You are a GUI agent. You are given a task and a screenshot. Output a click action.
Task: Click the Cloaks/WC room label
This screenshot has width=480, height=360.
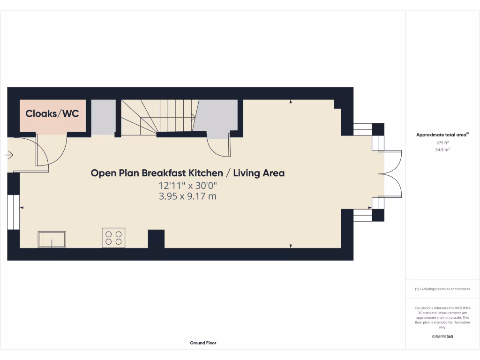52,113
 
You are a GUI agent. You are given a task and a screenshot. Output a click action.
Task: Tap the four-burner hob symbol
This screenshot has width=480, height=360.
113,237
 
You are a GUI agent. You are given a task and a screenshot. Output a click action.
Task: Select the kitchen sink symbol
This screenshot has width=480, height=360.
52,239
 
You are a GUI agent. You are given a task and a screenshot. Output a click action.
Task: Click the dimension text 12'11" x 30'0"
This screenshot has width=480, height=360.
187,185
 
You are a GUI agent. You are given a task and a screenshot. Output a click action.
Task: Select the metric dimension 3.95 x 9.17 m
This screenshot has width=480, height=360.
187,196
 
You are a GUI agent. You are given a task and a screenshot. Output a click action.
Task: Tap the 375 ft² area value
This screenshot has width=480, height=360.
442,143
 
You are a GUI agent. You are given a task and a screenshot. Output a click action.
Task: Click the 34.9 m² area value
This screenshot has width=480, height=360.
442,150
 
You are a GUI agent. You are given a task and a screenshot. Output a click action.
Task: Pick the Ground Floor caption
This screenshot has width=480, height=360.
203,343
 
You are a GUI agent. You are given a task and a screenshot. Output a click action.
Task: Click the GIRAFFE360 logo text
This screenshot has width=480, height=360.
442,337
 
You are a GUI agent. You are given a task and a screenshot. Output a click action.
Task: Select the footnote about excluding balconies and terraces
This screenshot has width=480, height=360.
442,289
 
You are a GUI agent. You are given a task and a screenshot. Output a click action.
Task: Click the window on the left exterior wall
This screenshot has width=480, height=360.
13,212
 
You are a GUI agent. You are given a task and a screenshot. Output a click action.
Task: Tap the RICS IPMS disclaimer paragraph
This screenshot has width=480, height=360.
442,317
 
